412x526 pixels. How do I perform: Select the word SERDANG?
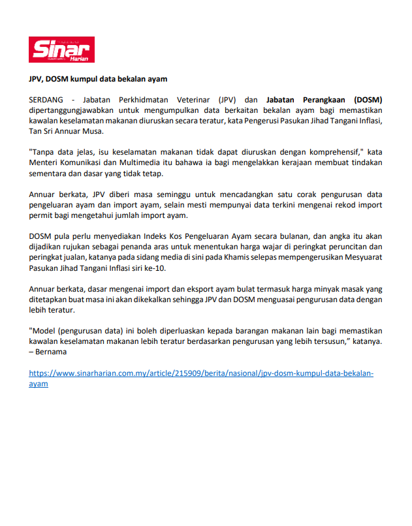[47, 100]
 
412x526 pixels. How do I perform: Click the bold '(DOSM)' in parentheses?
[368, 100]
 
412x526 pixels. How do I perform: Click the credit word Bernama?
[52, 352]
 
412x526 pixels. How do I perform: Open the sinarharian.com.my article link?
[201, 373]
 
